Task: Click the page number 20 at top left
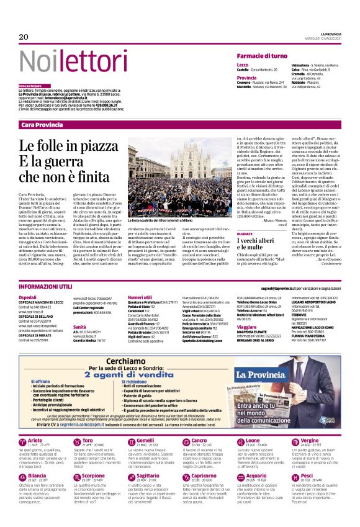24,37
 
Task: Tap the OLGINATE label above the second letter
245,233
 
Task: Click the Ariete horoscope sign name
35,457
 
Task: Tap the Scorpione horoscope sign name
93,493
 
